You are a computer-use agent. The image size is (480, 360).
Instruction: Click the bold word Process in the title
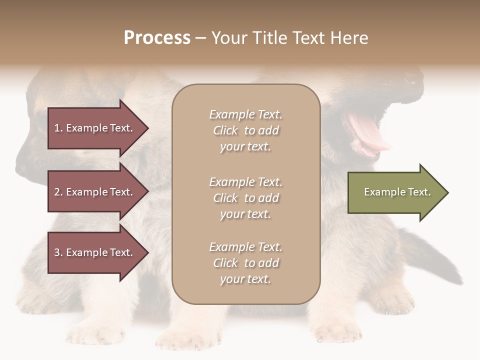coord(157,38)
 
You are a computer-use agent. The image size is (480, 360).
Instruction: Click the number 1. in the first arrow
coord(58,128)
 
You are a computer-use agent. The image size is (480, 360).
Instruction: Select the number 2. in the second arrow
coord(58,192)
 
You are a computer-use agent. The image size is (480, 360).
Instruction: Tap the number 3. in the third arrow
coord(58,252)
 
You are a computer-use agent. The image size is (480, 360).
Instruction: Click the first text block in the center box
coord(246,130)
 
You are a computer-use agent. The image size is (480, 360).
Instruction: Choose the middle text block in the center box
coord(246,198)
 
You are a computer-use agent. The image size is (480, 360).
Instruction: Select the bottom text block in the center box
coord(246,263)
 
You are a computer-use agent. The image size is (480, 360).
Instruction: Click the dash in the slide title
coord(200,38)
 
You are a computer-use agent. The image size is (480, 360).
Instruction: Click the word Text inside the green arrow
coord(419,192)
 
